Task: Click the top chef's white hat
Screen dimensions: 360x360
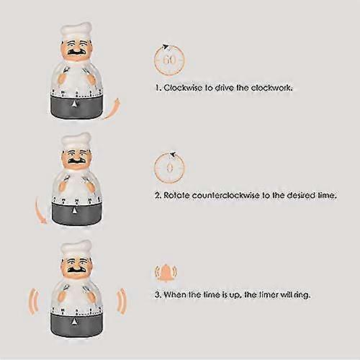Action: point(76,32)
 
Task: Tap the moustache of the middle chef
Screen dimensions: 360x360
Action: point(76,161)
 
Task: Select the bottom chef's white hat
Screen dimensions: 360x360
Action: point(76,249)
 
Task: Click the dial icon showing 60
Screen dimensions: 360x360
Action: point(170,60)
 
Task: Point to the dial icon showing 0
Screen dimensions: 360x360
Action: point(170,167)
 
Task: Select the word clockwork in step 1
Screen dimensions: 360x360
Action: point(271,88)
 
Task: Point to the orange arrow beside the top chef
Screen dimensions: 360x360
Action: point(112,109)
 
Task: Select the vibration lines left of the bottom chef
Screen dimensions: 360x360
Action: point(34,301)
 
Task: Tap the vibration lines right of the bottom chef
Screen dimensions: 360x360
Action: point(121,301)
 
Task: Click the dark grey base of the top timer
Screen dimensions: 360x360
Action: point(77,107)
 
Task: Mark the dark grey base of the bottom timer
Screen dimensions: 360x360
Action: point(77,325)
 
